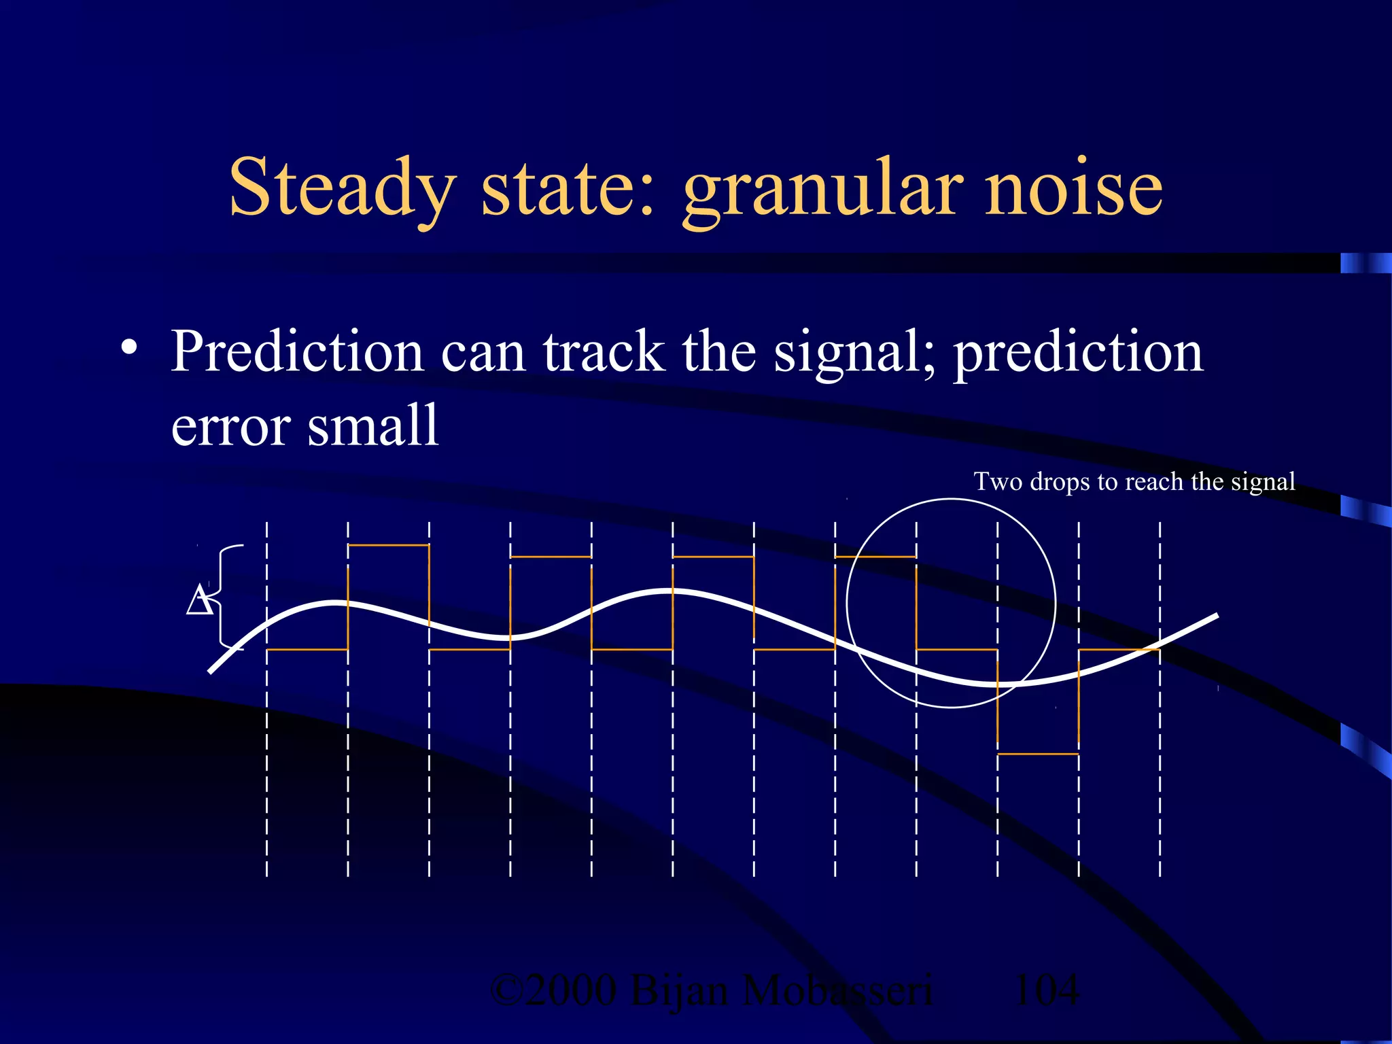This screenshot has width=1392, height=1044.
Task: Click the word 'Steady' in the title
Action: pos(342,187)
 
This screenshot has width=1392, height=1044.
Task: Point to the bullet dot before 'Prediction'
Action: pos(128,349)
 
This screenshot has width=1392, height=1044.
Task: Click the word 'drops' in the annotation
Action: pos(1061,482)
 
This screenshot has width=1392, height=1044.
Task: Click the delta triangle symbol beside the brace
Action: pos(199,599)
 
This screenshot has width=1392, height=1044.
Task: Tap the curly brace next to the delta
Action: pos(228,597)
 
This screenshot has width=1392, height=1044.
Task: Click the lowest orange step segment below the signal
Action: pos(1038,754)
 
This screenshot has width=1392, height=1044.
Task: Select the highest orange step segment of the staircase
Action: pos(388,545)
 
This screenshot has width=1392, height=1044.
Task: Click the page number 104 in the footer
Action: pos(1046,990)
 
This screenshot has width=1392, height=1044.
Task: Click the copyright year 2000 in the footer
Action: pos(571,990)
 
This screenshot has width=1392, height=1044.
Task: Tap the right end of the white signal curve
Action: pos(1215,616)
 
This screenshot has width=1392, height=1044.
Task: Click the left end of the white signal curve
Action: pos(211,671)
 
